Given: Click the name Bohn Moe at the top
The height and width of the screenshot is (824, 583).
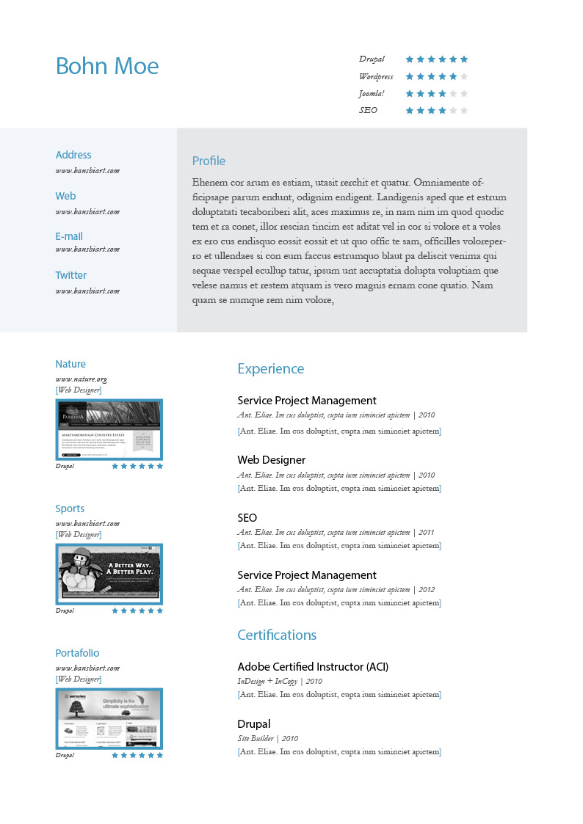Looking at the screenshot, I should point(107,66).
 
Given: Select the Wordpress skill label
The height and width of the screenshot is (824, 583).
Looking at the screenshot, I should point(376,76).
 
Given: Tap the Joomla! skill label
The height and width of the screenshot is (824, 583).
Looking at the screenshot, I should point(372,93).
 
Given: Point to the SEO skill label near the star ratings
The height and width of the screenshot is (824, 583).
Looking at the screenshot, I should point(368,110).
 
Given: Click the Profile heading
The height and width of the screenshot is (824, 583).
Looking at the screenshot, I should point(209,161).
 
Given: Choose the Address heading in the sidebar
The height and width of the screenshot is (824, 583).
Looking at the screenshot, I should point(73,155).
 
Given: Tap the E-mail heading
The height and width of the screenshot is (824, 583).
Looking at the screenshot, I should point(69,236).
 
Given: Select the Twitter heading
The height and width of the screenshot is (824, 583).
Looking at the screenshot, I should point(70,275).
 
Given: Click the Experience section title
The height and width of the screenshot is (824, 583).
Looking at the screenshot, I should point(270,368).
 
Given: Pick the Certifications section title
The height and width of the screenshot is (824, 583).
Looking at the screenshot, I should point(277,635).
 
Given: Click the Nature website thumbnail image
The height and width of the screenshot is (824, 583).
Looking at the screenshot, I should point(109,429).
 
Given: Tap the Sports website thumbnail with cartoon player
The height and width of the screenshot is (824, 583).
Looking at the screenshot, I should point(109,574).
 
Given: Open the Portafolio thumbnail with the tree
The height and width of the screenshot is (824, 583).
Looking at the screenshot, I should point(109,718).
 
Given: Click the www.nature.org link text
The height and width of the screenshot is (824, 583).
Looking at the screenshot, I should point(81,379).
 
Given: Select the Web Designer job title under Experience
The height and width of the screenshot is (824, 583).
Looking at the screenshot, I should point(271,459).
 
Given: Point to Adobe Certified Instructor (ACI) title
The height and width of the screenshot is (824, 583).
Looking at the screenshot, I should point(313,666).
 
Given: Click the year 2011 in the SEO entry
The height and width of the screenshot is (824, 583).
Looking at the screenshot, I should point(427,532).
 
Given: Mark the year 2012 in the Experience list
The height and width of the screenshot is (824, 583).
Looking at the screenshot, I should point(427,589).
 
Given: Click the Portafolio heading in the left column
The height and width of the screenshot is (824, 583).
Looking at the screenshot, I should point(77,653).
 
